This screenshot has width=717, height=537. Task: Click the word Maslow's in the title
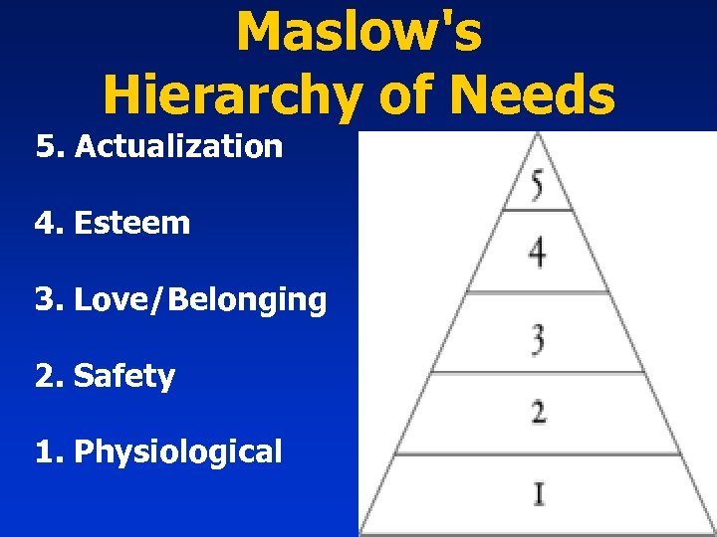pos(358,32)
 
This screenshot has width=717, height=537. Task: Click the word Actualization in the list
pos(179,147)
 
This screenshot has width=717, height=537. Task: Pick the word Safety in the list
pos(124,376)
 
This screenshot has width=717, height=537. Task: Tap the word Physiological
pos(178,452)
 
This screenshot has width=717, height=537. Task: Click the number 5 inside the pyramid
pos(537,186)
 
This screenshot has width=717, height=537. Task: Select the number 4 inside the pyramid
pos(537,252)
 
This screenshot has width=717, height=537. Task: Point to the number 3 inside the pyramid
pos(538,339)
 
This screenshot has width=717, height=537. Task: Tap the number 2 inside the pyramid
pos(538,410)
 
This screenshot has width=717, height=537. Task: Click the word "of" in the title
pos(404,96)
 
